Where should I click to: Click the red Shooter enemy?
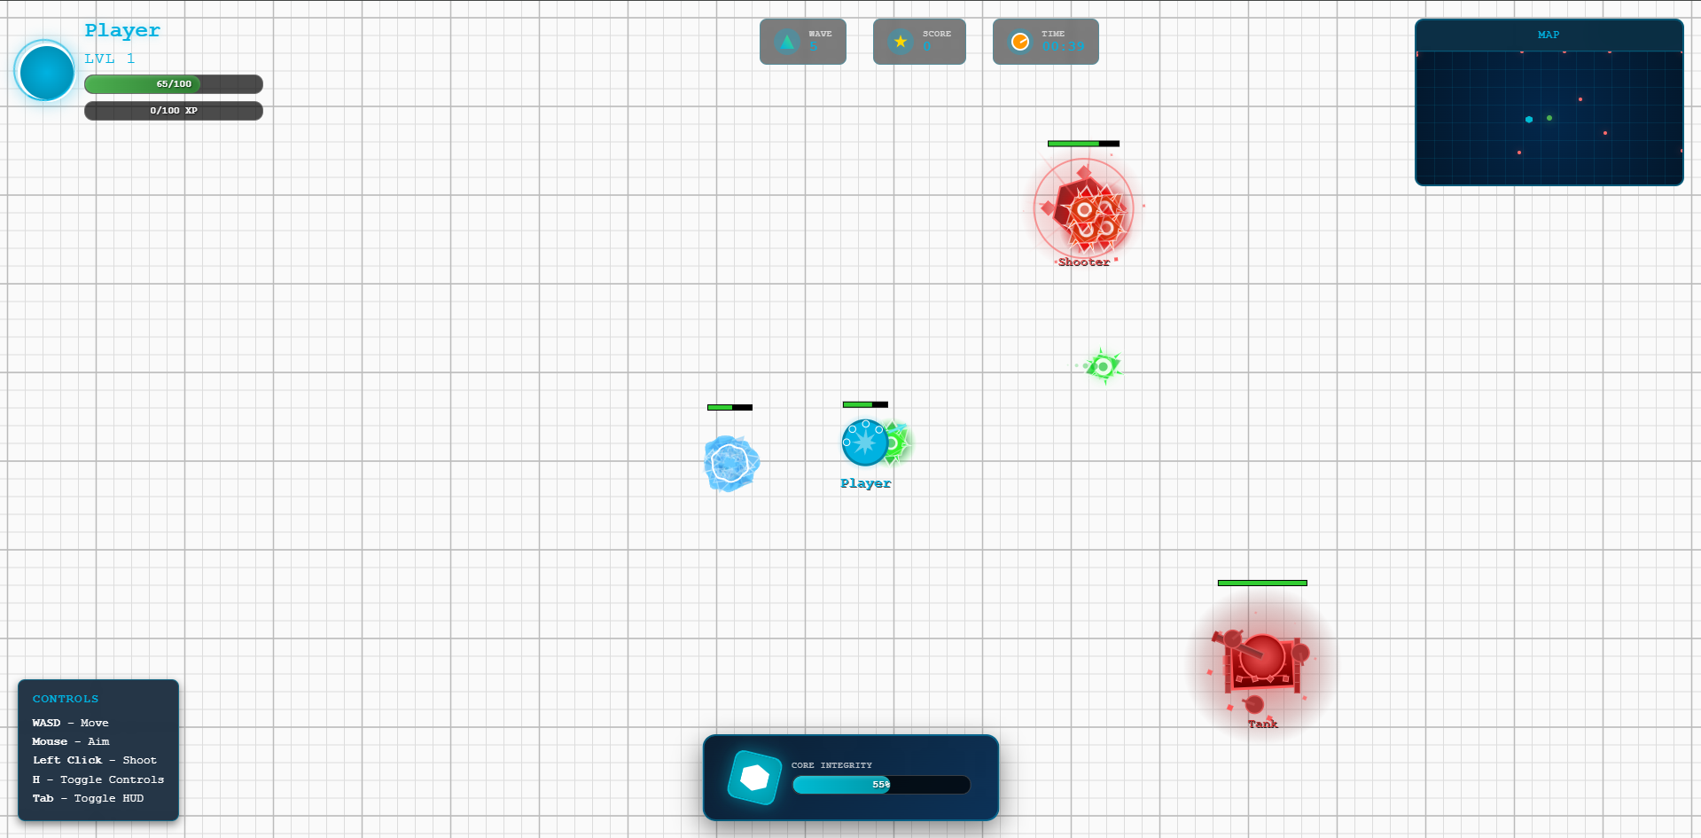point(1083,209)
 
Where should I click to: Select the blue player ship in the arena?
point(864,442)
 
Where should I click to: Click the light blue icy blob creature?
point(731,463)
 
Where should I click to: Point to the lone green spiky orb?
point(1103,366)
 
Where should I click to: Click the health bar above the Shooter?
point(1083,144)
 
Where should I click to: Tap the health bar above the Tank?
point(1262,583)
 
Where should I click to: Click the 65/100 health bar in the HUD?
point(174,84)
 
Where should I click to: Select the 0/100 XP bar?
point(174,111)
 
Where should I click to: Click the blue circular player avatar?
point(46,72)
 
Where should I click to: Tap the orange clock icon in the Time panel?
point(1020,42)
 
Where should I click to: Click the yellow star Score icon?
point(901,42)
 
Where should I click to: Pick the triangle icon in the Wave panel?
point(786,42)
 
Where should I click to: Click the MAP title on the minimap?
point(1549,35)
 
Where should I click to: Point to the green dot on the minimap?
point(1549,118)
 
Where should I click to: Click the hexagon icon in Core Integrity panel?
point(754,778)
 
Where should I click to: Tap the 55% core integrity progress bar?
point(881,785)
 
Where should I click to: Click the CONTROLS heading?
point(66,699)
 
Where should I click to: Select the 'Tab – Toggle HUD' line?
point(88,798)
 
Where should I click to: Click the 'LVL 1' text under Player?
point(110,59)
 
